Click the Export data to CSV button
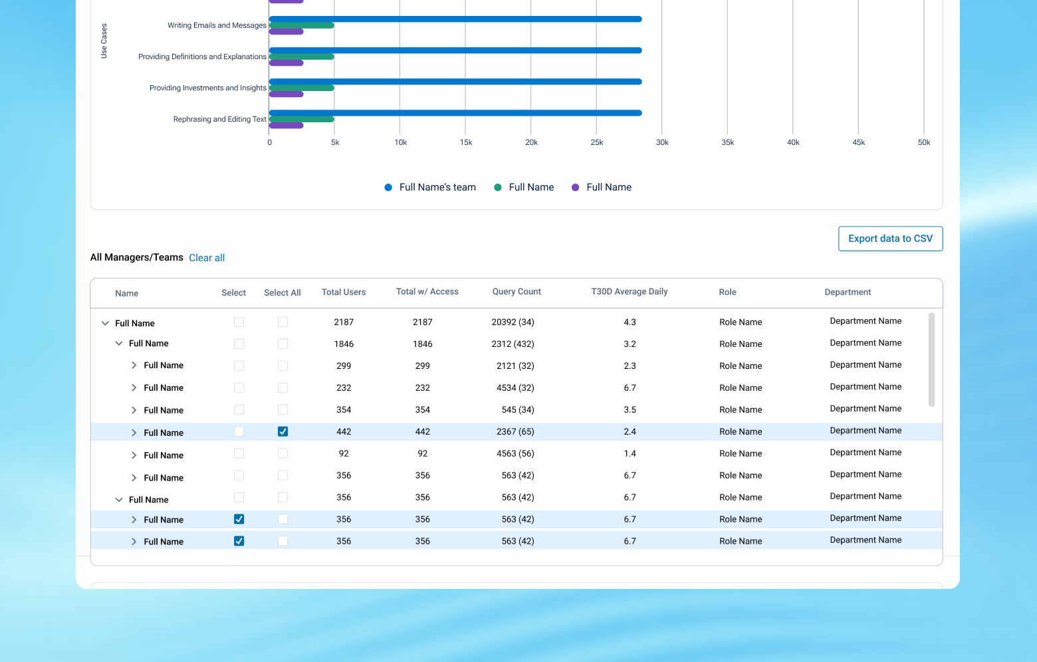pyautogui.click(x=890, y=239)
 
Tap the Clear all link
pyautogui.click(x=207, y=258)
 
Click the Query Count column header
pyautogui.click(x=517, y=292)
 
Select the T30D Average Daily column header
pyautogui.click(x=629, y=292)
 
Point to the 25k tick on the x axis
pyautogui.click(x=597, y=143)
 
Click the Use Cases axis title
pyautogui.click(x=104, y=41)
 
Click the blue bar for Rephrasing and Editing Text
pyautogui.click(x=455, y=113)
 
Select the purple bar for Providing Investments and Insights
pyautogui.click(x=287, y=94)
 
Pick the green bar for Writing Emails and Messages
pyautogui.click(x=302, y=25)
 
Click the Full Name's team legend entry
pyautogui.click(x=430, y=187)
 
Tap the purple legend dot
pyautogui.click(x=576, y=187)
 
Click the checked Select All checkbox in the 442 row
pyautogui.click(x=283, y=432)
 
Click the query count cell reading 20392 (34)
pyautogui.click(x=513, y=322)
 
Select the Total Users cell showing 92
pyautogui.click(x=344, y=454)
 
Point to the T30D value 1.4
pyautogui.click(x=630, y=454)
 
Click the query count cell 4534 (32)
pyautogui.click(x=515, y=388)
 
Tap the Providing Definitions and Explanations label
pyautogui.click(x=202, y=57)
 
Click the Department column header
pyautogui.click(x=848, y=292)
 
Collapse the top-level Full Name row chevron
pyautogui.click(x=105, y=323)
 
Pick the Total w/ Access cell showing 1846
pyautogui.click(x=422, y=344)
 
